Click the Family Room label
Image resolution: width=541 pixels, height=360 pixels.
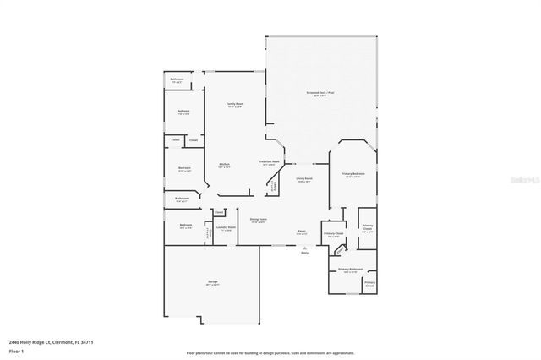pos(234,103)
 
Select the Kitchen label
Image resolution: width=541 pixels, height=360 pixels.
pos(224,164)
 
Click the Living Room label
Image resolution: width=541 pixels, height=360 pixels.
pos(304,178)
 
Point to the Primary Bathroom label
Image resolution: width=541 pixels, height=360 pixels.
pos(351,269)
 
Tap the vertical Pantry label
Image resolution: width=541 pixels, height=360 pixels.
pos(271,187)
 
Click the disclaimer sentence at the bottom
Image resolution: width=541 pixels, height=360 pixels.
pos(270,352)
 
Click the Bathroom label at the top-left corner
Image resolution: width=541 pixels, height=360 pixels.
pos(177,80)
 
